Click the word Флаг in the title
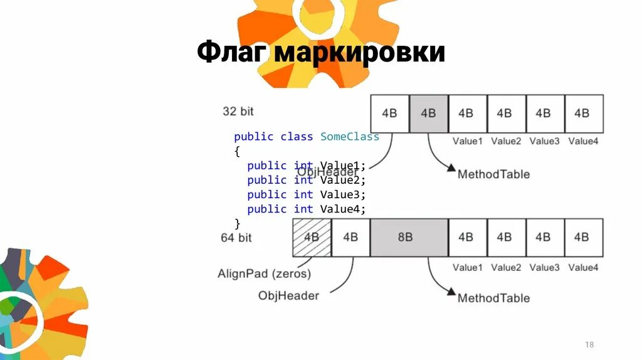232,53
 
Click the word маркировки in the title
359,53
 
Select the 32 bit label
238,112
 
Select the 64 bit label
236,238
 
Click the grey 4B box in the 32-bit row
428,114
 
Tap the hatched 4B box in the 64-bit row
312,237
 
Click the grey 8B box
409,237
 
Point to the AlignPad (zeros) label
264,273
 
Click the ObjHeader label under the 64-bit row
288,295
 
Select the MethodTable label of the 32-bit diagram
493,174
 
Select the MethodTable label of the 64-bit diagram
493,298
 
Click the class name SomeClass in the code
350,137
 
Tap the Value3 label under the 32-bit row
544,141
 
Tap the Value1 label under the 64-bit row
468,267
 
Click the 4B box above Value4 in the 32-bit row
583,114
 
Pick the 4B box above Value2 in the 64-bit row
505,237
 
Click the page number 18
589,345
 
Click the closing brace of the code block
237,223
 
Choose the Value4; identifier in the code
342,209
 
